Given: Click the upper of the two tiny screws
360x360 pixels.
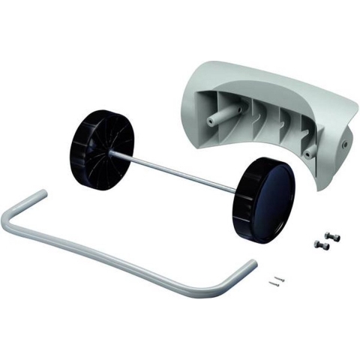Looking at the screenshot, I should point(278,276).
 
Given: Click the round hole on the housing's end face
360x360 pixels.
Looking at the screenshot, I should point(344,142).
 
